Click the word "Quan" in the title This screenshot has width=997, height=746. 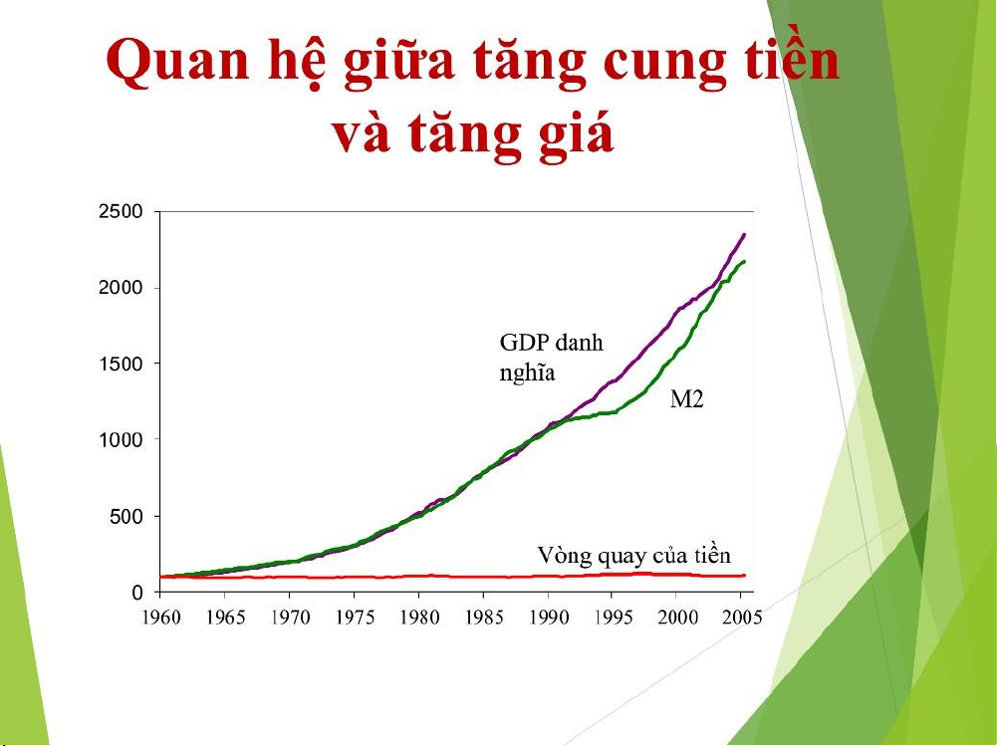(x=177, y=61)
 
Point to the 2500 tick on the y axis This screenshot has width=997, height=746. (x=121, y=212)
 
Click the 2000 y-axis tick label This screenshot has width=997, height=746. (x=121, y=288)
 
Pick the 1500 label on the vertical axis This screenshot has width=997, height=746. (x=121, y=364)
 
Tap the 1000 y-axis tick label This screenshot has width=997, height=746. (x=121, y=440)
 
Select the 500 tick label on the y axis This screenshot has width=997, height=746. (x=126, y=516)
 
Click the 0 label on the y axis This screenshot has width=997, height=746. (x=138, y=593)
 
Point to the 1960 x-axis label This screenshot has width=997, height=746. (x=161, y=618)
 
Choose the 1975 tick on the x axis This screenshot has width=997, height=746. (x=355, y=618)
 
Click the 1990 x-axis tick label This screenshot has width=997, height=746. (x=548, y=618)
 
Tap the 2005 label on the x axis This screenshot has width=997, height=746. (x=741, y=618)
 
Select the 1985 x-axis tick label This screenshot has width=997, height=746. (x=483, y=618)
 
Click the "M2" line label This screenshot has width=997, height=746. (x=686, y=399)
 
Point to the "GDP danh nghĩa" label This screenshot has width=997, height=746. (x=551, y=357)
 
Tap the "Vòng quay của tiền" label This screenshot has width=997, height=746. (x=633, y=555)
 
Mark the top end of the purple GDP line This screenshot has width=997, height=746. (x=745, y=234)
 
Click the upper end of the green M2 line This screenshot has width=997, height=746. (x=745, y=261)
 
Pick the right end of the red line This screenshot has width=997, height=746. (x=745, y=575)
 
